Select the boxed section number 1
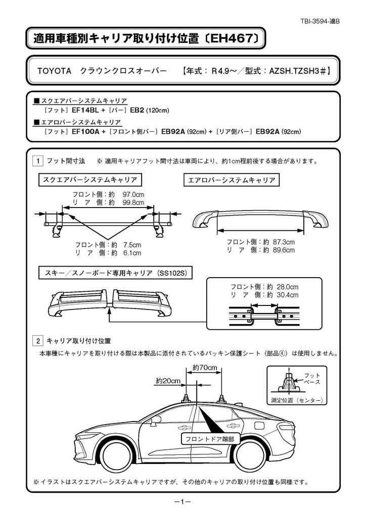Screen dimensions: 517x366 (37, 162)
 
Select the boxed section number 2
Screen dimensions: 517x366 (37, 341)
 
